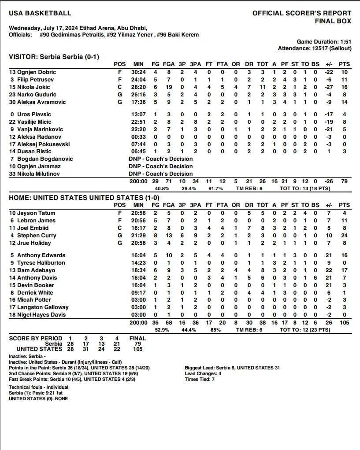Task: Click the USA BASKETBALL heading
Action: point(40,13)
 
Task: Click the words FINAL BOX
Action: point(333,21)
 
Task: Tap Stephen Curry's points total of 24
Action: point(344,235)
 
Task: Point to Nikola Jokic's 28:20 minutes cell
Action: point(138,87)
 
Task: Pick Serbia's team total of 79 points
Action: point(344,181)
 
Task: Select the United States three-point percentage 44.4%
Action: point(189,329)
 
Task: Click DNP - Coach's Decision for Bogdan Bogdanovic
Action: point(160,159)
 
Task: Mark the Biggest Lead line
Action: point(232,368)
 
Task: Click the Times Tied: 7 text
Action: point(200,379)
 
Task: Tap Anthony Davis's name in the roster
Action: point(37,277)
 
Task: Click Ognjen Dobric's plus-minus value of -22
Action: point(328,72)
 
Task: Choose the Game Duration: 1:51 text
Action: point(324,41)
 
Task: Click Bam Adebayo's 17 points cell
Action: point(344,270)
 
